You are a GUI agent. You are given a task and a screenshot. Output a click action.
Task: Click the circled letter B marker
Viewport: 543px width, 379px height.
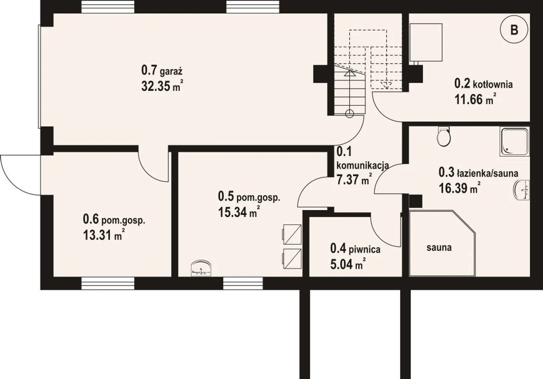coord(514,30)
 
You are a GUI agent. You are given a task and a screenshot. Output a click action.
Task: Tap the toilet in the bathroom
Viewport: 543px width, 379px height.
coord(444,137)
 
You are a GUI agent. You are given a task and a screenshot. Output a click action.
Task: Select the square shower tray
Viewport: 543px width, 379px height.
coord(515,141)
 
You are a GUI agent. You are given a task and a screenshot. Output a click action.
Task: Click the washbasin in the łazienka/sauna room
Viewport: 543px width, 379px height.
coord(521,190)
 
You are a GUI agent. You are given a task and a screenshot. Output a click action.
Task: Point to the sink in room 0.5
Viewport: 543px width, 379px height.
coord(201,268)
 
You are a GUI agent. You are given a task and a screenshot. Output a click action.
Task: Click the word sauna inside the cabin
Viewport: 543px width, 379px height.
coord(439,248)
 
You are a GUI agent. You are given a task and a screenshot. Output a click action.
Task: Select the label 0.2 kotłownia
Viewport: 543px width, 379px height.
coord(483,84)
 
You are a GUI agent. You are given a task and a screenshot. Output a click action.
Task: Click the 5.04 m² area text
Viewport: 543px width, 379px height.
coord(348,264)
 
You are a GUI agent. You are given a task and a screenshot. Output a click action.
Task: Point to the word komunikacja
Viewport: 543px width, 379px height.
coord(363,166)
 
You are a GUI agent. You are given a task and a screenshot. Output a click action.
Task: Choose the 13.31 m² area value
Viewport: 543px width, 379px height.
coord(104,235)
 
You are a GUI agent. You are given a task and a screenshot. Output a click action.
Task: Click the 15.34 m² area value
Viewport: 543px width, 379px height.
coord(239,212)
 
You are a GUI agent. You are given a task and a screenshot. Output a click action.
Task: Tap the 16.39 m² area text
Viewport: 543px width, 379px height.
coord(460,188)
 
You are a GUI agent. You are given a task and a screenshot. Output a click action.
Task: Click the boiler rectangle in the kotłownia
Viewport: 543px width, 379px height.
coord(426,42)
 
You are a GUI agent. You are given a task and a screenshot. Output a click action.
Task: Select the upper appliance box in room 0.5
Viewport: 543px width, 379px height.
coord(292,234)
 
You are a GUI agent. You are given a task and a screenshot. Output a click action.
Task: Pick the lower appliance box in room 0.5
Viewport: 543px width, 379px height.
coord(292,259)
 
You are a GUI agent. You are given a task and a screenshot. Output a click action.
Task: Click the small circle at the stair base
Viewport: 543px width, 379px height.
coord(349,113)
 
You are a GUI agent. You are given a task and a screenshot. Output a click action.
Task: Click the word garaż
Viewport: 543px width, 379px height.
coord(171,72)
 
